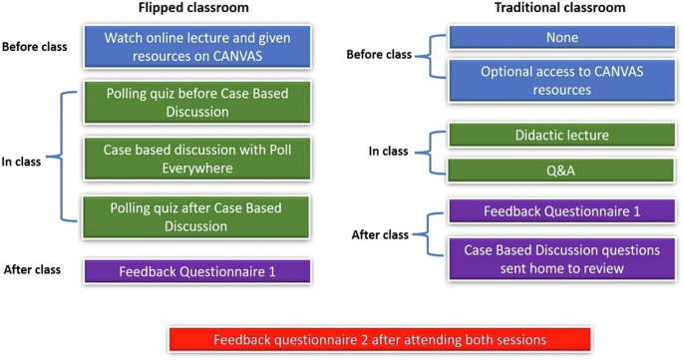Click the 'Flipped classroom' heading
(x=195, y=9)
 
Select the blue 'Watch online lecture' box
(x=198, y=46)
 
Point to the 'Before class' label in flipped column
(x=35, y=47)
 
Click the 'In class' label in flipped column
(x=21, y=161)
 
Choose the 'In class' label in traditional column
(x=389, y=152)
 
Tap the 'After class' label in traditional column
(x=380, y=234)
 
